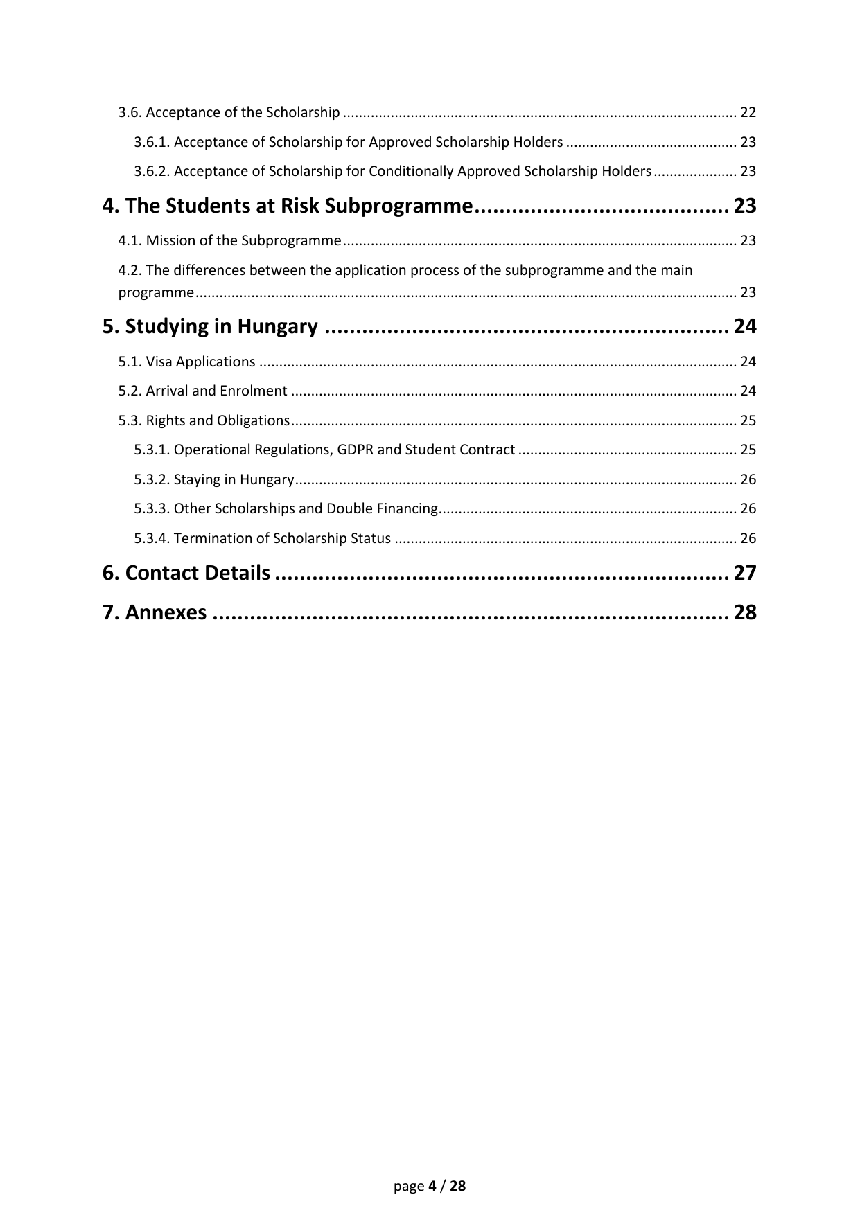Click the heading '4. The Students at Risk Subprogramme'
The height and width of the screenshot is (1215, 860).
click(288, 206)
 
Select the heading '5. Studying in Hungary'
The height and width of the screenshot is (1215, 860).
click(210, 326)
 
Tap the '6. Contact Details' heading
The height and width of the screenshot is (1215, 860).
click(186, 573)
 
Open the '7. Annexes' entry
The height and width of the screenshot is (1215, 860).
click(155, 612)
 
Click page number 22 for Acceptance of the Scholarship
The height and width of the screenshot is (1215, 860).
click(748, 112)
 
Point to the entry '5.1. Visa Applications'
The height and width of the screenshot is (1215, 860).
click(186, 362)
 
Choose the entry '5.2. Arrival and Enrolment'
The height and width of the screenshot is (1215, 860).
click(202, 391)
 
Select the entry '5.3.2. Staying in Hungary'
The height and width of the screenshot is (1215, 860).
click(214, 479)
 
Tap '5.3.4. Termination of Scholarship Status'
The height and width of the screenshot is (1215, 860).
click(262, 538)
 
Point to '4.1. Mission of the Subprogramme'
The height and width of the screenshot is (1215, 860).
click(229, 240)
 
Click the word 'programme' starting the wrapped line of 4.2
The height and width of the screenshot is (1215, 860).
click(156, 292)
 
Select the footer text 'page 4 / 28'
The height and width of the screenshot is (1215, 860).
click(430, 1186)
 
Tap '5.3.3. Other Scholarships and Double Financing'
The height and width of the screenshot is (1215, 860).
click(286, 508)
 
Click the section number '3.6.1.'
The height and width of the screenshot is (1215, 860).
click(152, 142)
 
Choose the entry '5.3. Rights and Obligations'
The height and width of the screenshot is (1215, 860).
click(204, 420)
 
